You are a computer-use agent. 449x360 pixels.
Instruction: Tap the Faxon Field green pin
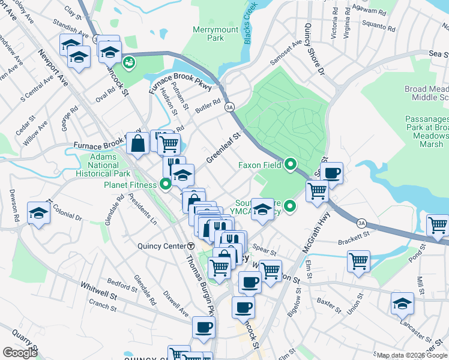click(x=291, y=164)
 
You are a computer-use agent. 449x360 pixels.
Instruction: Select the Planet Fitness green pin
click(x=166, y=184)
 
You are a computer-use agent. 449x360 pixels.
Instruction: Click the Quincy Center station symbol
click(x=191, y=245)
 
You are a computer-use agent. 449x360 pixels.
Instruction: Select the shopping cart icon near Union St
click(x=358, y=261)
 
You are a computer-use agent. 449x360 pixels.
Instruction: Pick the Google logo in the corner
click(x=20, y=353)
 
